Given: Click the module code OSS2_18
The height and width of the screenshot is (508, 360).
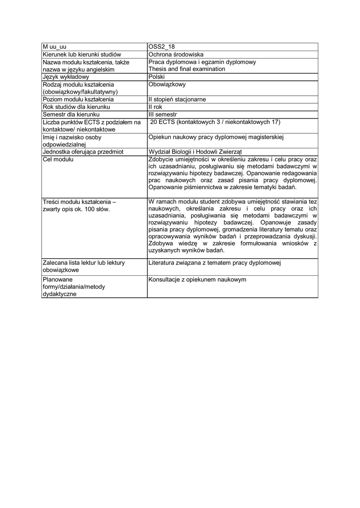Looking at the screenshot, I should click(162, 47).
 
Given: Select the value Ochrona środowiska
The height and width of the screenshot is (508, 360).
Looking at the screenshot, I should click(176, 55).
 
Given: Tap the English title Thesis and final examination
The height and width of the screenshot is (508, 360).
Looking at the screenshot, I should click(187, 69).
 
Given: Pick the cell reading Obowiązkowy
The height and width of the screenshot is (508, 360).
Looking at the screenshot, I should click(167, 84).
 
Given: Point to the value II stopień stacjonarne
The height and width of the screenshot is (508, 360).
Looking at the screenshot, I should click(177, 99).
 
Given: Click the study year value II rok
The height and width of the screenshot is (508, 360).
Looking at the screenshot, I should click(155, 107).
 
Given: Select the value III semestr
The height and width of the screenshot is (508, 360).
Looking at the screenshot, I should click(163, 114).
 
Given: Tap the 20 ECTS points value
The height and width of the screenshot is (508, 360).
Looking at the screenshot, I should click(215, 122).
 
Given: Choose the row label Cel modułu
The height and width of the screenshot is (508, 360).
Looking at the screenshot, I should click(58, 159).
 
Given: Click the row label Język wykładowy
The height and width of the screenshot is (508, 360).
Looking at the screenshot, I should click(66, 77).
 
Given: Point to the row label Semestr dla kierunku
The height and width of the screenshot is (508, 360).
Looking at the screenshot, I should click(72, 114).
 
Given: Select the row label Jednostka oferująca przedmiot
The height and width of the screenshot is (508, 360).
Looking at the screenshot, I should click(83, 152).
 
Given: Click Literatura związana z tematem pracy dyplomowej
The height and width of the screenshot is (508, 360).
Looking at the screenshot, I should click(215, 262).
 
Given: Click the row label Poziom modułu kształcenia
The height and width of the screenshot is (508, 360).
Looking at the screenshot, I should click(78, 99).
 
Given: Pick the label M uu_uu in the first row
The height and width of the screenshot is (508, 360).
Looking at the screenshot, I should click(54, 47).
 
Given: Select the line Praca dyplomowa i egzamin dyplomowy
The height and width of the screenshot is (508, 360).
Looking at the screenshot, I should click(202, 62).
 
